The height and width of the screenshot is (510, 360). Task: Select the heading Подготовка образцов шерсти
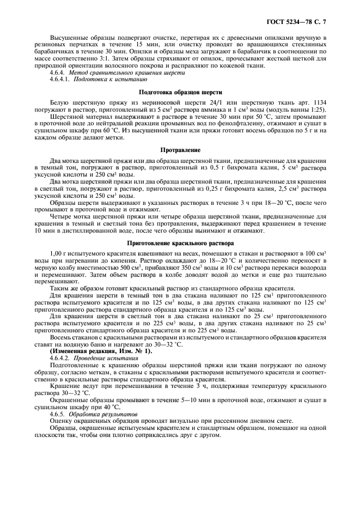[x=180, y=92]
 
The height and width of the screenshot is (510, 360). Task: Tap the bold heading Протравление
[x=180, y=149]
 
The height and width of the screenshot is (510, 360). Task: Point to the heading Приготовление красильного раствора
[x=180, y=243]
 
